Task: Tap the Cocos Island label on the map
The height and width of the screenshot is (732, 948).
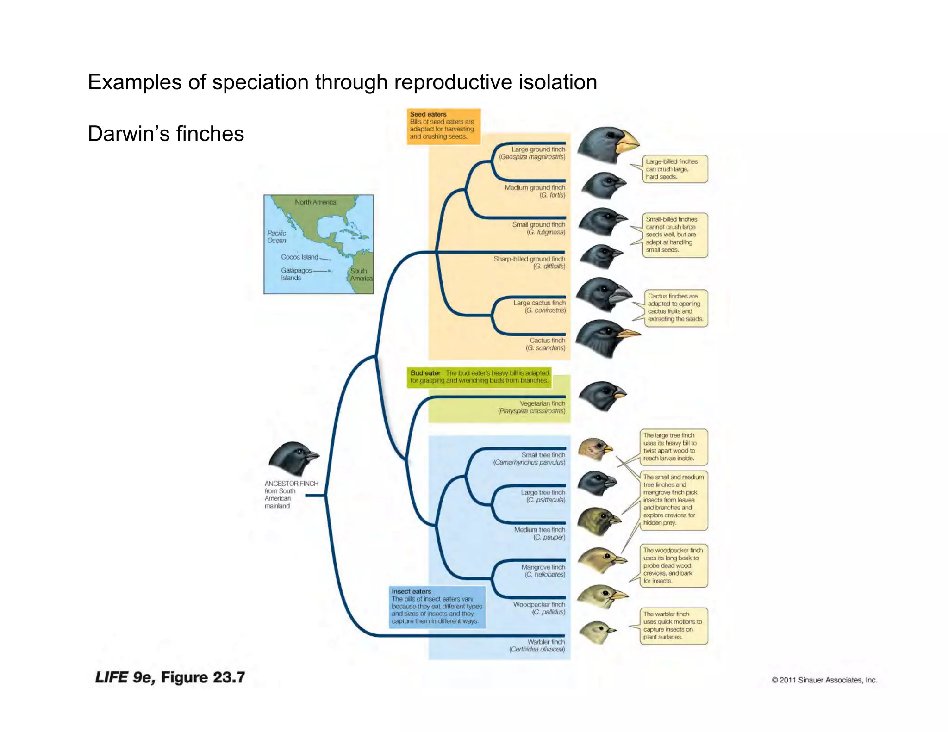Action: click(299, 257)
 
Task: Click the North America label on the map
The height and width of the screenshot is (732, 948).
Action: click(315, 202)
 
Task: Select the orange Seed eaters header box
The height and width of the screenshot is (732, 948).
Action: click(443, 126)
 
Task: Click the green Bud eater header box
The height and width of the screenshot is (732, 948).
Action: click(479, 377)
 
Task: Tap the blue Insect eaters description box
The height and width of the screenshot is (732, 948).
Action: click(437, 607)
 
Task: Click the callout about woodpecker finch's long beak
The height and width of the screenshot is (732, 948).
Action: click(674, 565)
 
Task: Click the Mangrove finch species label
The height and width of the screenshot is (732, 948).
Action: click(544, 571)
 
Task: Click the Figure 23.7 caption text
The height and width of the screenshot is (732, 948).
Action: click(170, 677)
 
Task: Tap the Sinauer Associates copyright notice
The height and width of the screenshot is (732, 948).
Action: click(824, 680)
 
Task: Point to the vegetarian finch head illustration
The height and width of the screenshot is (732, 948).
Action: click(601, 396)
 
